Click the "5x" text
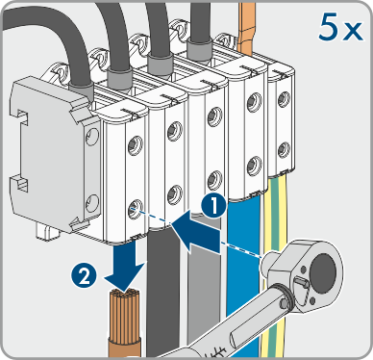340,28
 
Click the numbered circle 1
214,206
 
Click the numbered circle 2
85,276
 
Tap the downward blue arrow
126,264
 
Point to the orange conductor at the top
246,27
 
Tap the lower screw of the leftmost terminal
136,208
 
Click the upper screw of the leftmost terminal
136,145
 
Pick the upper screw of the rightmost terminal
284,99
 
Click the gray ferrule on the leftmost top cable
81,90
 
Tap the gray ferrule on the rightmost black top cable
199,49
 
